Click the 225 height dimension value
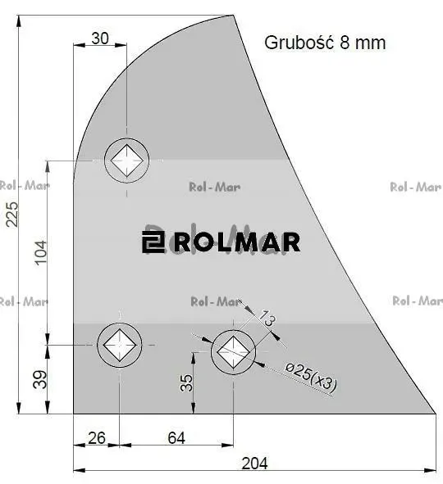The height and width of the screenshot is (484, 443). pos(12,215)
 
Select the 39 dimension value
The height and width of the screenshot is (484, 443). pos(40,379)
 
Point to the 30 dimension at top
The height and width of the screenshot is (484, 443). pos(100,38)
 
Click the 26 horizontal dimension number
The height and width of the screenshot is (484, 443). pos(97,438)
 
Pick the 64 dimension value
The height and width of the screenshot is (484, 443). pos(176,438)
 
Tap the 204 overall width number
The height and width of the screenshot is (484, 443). pos(255,464)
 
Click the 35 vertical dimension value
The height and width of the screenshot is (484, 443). pos(186,383)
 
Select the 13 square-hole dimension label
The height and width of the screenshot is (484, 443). pos(267,319)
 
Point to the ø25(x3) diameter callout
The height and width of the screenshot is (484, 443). pos(310,377)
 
